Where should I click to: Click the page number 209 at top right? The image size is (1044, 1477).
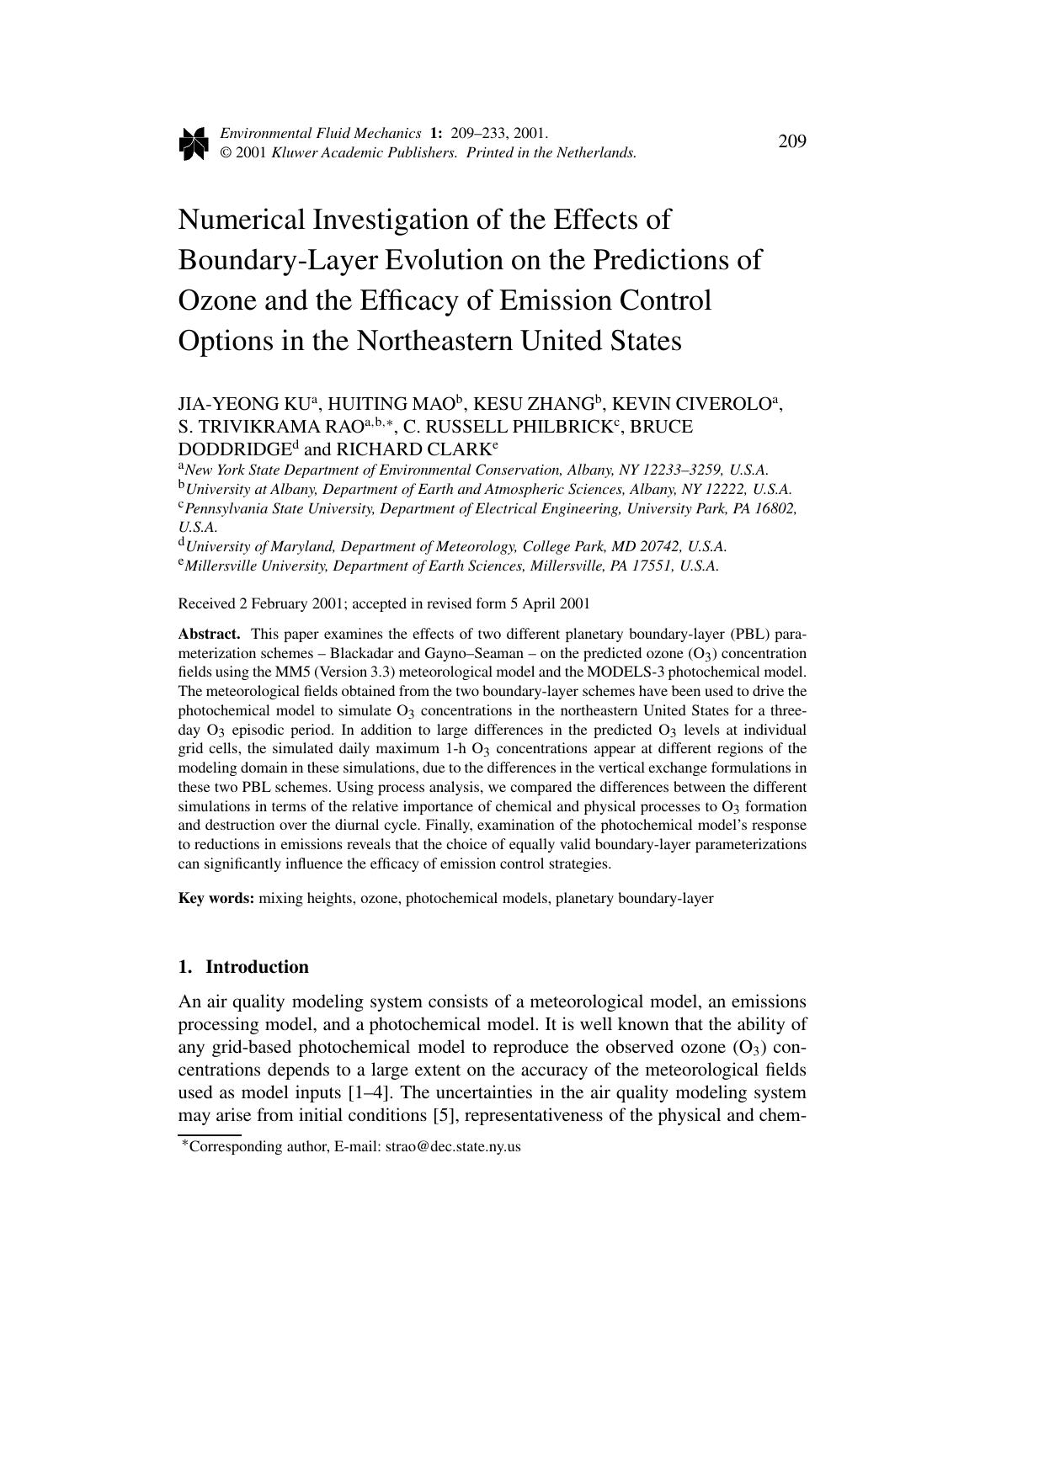tap(791, 141)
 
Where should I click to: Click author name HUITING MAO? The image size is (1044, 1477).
tap(391, 404)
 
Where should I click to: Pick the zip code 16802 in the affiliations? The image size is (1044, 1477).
tap(775, 508)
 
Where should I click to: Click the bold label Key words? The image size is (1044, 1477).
tap(216, 898)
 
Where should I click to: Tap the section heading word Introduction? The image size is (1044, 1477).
tap(257, 967)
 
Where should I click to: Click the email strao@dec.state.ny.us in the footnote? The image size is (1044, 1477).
tap(453, 1146)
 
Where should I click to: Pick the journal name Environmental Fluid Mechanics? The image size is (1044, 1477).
tap(320, 133)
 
